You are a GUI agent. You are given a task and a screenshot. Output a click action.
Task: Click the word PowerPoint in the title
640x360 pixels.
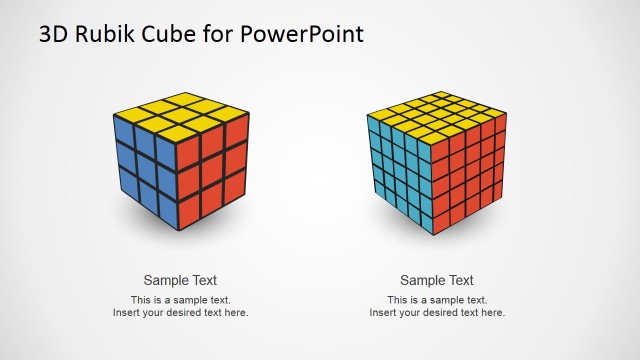click(x=303, y=34)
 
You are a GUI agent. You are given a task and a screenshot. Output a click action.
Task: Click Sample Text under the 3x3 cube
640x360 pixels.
click(x=180, y=280)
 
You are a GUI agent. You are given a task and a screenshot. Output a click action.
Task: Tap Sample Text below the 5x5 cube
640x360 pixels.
click(x=437, y=280)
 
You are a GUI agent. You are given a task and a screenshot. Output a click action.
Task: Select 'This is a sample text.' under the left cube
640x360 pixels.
click(x=180, y=300)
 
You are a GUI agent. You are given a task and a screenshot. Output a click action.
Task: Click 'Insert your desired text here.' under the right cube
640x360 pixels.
click(x=437, y=313)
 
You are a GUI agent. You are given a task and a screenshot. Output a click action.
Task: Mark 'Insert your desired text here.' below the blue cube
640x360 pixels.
click(x=180, y=313)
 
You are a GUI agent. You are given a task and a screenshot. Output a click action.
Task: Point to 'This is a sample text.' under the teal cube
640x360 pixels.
click(x=437, y=300)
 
